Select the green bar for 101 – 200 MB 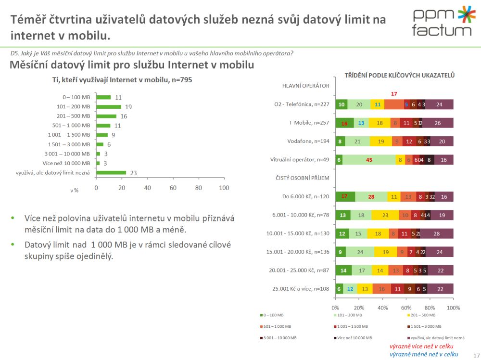click(x=108, y=106)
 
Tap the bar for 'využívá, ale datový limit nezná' click(x=111, y=172)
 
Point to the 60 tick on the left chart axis click(x=173, y=188)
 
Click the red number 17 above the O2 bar click(x=394, y=94)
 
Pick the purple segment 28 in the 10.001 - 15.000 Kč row click(x=437, y=233)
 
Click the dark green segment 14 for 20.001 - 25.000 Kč click(x=343, y=270)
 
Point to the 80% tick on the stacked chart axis click(x=430, y=307)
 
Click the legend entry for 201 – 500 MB click(x=423, y=315)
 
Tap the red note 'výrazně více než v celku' click(x=421, y=346)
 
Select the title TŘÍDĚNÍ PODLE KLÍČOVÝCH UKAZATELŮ click(x=399, y=75)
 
